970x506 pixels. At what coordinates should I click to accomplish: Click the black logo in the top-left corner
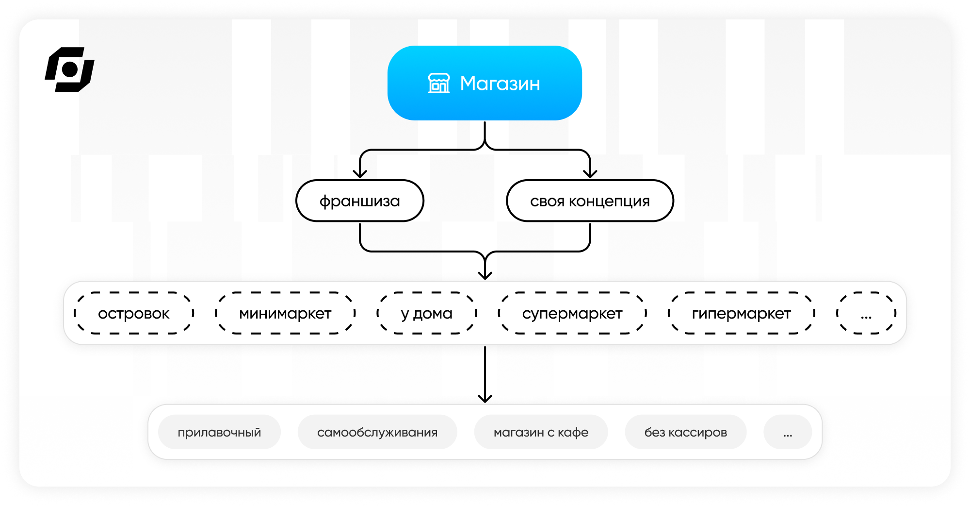point(69,69)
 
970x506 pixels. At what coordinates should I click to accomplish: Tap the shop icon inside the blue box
point(439,83)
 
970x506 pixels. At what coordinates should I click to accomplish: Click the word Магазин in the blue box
point(500,84)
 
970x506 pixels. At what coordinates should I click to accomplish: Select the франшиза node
point(360,201)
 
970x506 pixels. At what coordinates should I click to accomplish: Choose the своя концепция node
point(590,201)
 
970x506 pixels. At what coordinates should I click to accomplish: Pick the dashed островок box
point(134,313)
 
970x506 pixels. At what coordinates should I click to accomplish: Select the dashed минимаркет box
point(285,313)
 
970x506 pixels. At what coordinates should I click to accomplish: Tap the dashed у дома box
point(427,313)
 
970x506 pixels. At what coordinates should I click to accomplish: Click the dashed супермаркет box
point(572,313)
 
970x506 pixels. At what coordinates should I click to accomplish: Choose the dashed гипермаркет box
point(742,313)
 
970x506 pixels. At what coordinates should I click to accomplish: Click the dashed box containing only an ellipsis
point(866,313)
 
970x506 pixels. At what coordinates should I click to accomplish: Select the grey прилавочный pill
point(219,432)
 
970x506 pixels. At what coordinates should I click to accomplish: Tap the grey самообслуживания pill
point(377,432)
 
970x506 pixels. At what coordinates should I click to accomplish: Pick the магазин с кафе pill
point(541,432)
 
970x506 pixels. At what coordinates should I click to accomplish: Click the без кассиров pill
point(686,432)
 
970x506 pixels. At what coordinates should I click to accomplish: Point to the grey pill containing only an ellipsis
point(788,432)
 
